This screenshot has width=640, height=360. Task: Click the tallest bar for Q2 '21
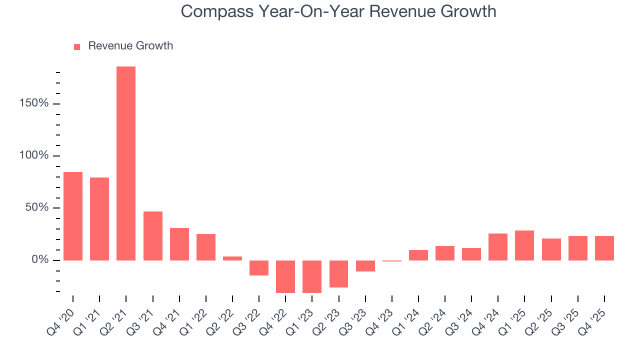[126, 163]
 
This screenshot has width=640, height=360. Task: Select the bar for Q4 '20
[73, 216]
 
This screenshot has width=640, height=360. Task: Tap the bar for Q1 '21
[99, 219]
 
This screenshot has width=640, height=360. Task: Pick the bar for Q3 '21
[152, 236]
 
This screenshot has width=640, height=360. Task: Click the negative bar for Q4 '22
[285, 276]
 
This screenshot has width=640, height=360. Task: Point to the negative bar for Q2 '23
[338, 274]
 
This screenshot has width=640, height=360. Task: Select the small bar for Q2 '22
[232, 258]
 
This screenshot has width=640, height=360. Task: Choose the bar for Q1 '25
[524, 245]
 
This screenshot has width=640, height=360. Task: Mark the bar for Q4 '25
[604, 248]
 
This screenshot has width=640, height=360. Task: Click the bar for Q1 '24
[418, 255]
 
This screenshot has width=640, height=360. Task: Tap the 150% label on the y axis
[33, 103]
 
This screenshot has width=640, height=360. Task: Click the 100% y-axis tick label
[33, 155]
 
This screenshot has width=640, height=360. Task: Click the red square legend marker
[77, 47]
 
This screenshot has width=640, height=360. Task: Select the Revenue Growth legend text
[130, 46]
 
